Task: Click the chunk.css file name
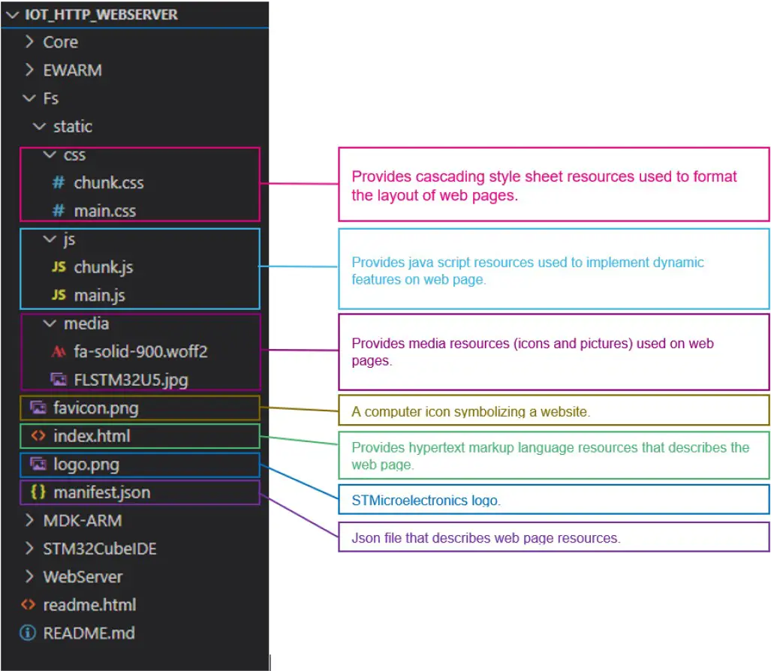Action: pos(108,182)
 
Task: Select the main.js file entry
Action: pos(99,295)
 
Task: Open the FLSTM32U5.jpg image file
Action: pos(131,380)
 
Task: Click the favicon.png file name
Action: pos(95,408)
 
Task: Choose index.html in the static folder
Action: pos(92,436)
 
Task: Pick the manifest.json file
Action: pos(101,492)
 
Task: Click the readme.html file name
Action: pos(89,605)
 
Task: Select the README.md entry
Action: pos(89,633)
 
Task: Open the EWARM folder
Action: pos(72,70)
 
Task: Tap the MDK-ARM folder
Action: pos(82,520)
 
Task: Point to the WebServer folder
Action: pos(83,576)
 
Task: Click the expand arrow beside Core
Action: pos(29,42)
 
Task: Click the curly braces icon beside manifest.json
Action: pos(38,492)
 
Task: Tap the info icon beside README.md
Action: pos(28,633)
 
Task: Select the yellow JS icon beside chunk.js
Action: pos(59,267)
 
